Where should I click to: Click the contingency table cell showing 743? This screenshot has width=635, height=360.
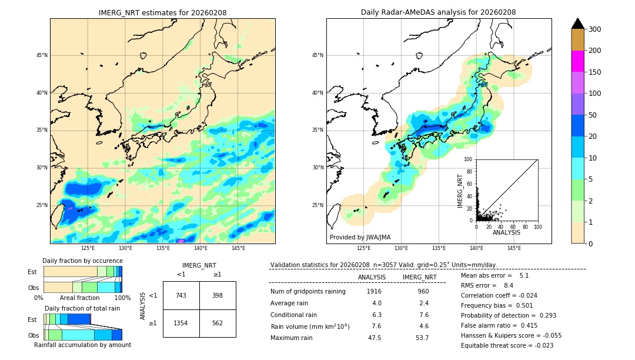[x=181, y=295]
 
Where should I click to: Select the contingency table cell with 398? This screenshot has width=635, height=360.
[x=218, y=295]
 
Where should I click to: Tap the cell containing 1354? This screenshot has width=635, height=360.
[x=181, y=323]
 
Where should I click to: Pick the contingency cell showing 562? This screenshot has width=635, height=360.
[x=218, y=323]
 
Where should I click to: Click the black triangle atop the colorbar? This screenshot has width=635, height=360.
[x=578, y=24]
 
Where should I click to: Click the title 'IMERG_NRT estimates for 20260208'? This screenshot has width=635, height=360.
[x=162, y=13]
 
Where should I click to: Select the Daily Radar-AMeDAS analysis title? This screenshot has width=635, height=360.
[x=438, y=13]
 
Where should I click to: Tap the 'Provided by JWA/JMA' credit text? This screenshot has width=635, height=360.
[x=360, y=238]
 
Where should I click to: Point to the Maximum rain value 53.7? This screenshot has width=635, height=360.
[x=422, y=338]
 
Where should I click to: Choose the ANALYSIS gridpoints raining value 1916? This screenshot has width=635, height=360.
[x=374, y=291]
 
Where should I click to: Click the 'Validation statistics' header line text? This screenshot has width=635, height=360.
[x=383, y=265]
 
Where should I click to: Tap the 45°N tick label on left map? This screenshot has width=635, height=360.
[x=42, y=55]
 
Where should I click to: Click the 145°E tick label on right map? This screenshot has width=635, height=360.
[x=514, y=248]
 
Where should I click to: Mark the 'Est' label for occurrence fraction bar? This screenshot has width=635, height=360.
[x=32, y=272]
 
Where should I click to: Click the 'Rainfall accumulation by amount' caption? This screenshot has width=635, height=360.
[x=82, y=345]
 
